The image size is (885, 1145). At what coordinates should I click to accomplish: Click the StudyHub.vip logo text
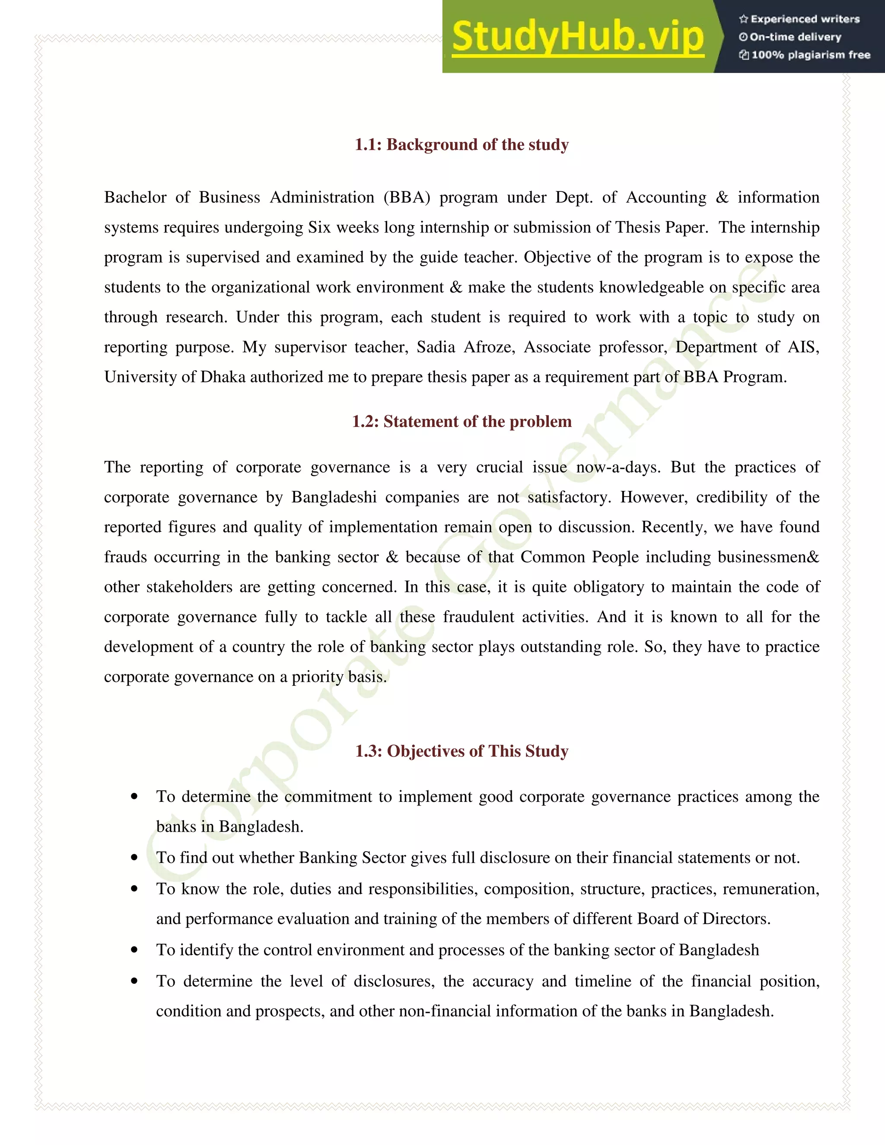(577, 37)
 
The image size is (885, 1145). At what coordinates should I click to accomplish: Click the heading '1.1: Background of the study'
(462, 145)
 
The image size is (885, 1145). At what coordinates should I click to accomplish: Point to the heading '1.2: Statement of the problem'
(462, 422)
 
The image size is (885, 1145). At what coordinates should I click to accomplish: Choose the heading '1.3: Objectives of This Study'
(462, 751)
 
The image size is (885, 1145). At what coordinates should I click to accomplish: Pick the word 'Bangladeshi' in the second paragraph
(334, 497)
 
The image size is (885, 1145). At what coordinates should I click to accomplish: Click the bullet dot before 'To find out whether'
(135, 858)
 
